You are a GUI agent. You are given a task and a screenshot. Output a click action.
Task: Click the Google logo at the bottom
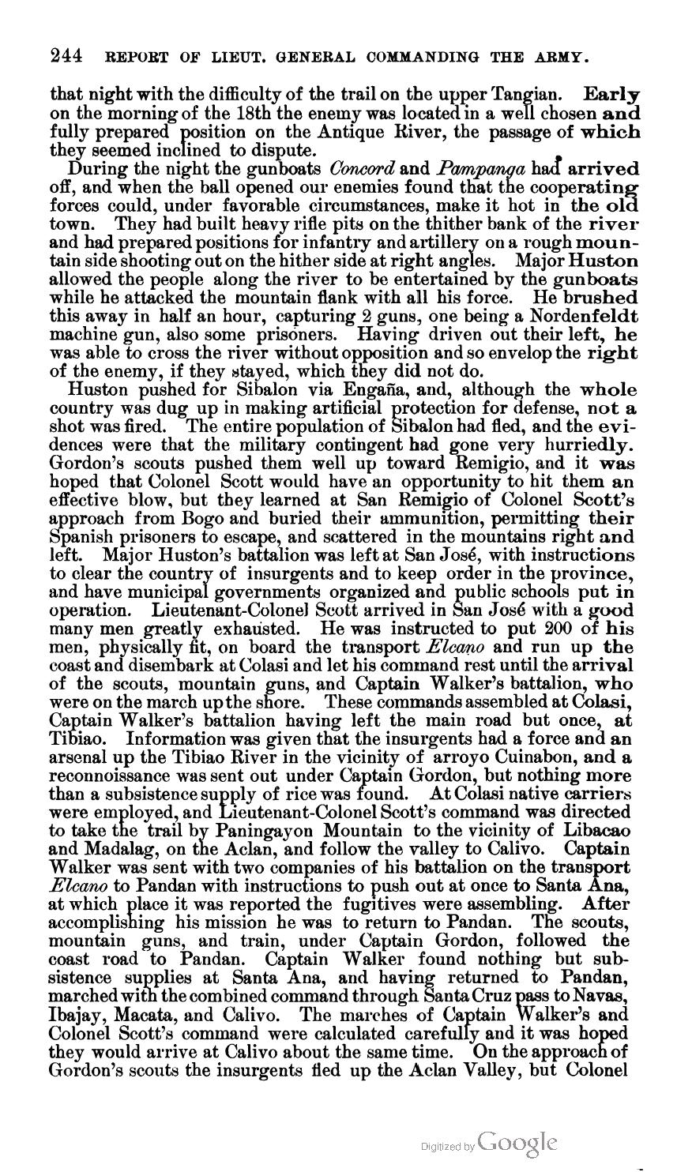517,1142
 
